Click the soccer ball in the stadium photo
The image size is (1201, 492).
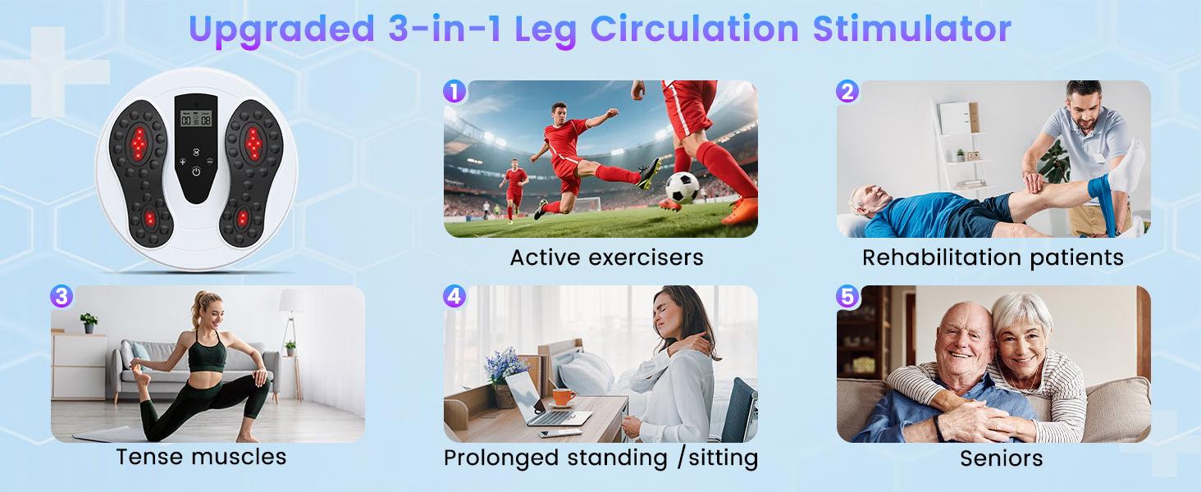682,188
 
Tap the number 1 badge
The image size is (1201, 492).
454,92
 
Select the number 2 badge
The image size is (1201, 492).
847,92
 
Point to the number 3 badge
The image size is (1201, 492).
62,296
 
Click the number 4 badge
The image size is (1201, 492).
454,296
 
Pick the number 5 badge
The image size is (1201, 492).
847,296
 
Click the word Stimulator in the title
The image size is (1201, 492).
912,29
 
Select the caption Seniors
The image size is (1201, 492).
1001,458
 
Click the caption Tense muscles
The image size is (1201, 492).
201,458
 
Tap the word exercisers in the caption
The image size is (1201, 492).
646,257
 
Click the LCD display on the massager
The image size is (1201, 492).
196,118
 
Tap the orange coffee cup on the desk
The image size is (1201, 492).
563,397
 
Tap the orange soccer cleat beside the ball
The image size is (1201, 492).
741,211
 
